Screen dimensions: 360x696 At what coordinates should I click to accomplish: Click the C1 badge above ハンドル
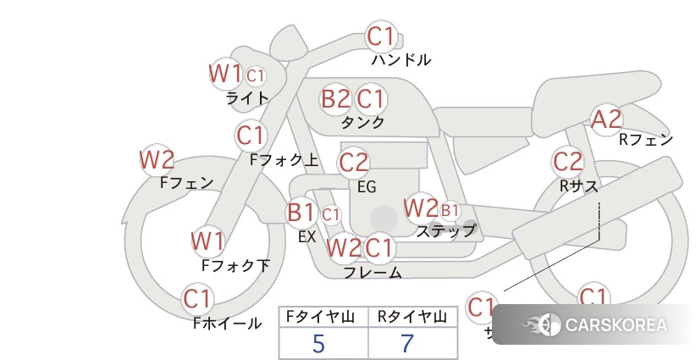[380, 37]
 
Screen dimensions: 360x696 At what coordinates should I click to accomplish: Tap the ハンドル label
[401, 60]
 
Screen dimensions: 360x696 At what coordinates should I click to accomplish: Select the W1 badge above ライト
[225, 74]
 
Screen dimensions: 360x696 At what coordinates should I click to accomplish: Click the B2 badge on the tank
[335, 99]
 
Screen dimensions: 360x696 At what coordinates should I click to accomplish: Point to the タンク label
[362, 122]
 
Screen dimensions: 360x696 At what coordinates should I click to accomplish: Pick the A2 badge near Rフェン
[606, 119]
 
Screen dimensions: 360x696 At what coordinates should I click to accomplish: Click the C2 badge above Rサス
[567, 161]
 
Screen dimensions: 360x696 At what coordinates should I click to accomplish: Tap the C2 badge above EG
[354, 162]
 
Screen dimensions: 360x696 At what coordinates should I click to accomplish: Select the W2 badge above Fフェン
[157, 159]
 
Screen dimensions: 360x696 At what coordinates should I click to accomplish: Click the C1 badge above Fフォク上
[251, 135]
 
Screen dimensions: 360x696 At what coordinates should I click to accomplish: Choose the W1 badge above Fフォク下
[207, 241]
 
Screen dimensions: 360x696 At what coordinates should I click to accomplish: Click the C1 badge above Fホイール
[198, 299]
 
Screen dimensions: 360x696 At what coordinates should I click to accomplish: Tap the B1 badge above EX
[301, 212]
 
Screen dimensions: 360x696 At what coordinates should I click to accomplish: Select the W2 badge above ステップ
[421, 208]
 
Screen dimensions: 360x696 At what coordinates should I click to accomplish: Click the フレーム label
[373, 273]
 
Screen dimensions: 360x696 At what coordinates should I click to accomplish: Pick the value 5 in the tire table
[318, 343]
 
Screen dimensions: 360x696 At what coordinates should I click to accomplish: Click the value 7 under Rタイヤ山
[407, 343]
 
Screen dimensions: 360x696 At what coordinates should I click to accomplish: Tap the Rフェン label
[646, 140]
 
